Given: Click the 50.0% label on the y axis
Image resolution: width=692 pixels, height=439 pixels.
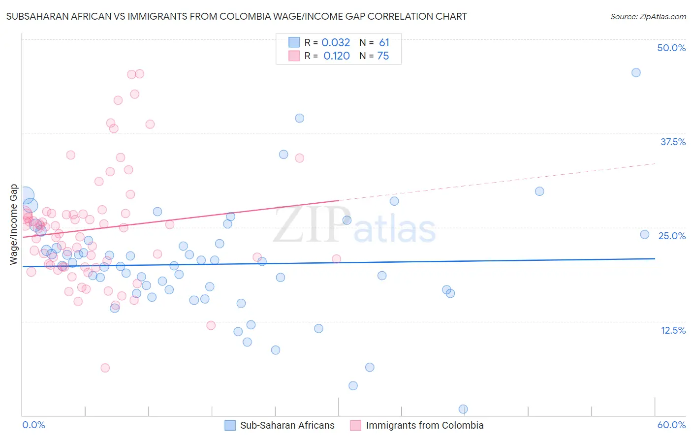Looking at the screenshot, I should [671, 48].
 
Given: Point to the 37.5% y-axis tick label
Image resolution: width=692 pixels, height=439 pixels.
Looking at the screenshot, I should [673, 142].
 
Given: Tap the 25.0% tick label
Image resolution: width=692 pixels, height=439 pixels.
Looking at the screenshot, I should [672, 236].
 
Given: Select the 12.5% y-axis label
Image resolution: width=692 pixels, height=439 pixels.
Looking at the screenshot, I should [673, 330].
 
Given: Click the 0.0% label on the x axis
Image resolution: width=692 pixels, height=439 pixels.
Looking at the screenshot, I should [33, 425].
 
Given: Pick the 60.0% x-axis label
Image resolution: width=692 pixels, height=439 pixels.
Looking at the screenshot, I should [671, 425].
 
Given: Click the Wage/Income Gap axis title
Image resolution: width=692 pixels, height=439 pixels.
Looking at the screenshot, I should [14, 224].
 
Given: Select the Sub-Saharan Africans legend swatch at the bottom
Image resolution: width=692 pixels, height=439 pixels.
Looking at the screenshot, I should [230, 425].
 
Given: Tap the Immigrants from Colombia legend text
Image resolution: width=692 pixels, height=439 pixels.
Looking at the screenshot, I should [425, 425].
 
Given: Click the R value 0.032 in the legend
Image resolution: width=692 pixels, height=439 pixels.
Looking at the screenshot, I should [336, 42].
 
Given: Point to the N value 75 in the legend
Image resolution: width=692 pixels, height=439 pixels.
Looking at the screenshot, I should [383, 56].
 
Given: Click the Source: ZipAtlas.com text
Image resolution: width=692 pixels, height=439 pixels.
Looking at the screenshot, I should [648, 17].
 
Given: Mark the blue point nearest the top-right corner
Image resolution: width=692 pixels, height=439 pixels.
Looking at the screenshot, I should [636, 73].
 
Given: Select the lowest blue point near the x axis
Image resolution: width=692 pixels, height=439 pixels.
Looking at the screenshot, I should [463, 409].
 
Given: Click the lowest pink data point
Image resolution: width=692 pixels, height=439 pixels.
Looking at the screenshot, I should [105, 368].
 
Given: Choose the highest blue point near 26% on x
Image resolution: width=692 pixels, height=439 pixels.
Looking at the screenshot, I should [299, 118].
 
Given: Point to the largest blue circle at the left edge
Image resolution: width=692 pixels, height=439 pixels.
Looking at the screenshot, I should [26, 196].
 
